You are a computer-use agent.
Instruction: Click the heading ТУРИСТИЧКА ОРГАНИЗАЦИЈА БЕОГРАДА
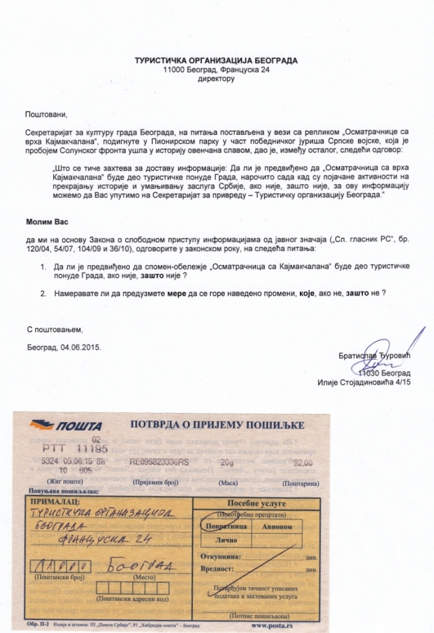[216, 61]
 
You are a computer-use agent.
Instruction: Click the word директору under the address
[216, 79]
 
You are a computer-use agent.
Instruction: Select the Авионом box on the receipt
[278, 526]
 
